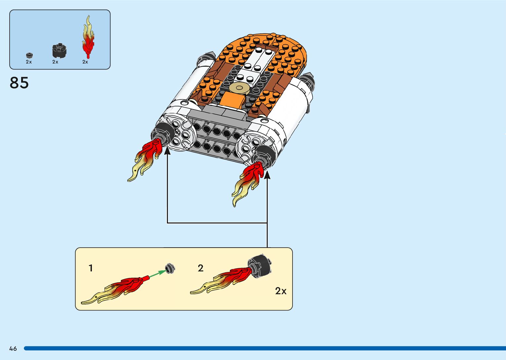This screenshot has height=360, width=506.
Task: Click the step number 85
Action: pyautogui.click(x=19, y=83)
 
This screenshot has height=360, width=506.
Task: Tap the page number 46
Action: pyautogui.click(x=13, y=348)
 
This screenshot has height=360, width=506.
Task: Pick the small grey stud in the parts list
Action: pyautogui.click(x=29, y=56)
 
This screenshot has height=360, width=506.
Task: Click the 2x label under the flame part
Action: pyautogui.click(x=85, y=62)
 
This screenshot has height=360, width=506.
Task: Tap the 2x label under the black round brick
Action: pyautogui.click(x=55, y=62)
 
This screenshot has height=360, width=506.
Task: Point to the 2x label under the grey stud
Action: pyautogui.click(x=29, y=62)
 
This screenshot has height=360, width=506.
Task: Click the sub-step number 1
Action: pyautogui.click(x=91, y=268)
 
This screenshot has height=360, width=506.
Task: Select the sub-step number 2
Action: pyautogui.click(x=201, y=268)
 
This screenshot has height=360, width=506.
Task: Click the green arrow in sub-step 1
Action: pyautogui.click(x=158, y=274)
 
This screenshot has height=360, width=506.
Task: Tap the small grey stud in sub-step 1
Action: pyautogui.click(x=170, y=268)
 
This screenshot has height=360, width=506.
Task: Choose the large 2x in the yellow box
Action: pyautogui.click(x=281, y=291)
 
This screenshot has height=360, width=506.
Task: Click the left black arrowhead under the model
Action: pyautogui.click(x=167, y=151)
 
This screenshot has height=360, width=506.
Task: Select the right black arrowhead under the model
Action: pyautogui.click(x=267, y=175)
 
